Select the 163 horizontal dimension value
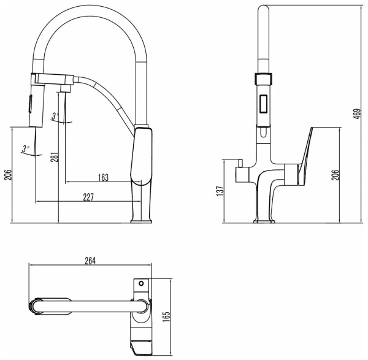[x=102, y=178]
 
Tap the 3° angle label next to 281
[x=55, y=115]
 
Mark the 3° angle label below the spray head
[x=25, y=148]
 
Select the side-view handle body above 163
[x=142, y=157]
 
